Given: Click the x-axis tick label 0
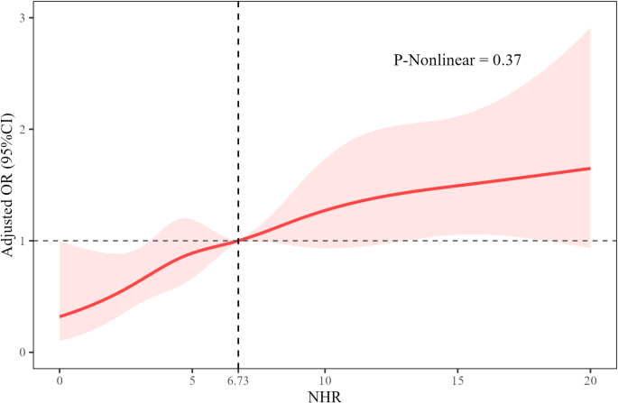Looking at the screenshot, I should click(x=60, y=380).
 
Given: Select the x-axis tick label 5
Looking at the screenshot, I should click(x=192, y=380).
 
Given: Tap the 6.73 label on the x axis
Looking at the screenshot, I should click(x=237, y=380).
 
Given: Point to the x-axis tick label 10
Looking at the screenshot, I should click(x=325, y=380).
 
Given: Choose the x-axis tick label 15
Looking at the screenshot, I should click(x=457, y=380).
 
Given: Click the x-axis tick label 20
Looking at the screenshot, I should click(x=590, y=380).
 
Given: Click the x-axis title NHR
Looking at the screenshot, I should click(x=325, y=395).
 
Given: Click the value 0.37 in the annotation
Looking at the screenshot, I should click(x=510, y=60).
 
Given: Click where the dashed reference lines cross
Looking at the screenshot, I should click(x=238, y=241).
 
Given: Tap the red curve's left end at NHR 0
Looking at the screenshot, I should click(x=60, y=316).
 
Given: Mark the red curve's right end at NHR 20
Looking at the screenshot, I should click(x=589, y=169).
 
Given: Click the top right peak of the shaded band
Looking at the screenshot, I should click(x=589, y=29).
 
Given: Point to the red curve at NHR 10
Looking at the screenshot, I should click(x=325, y=210).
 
